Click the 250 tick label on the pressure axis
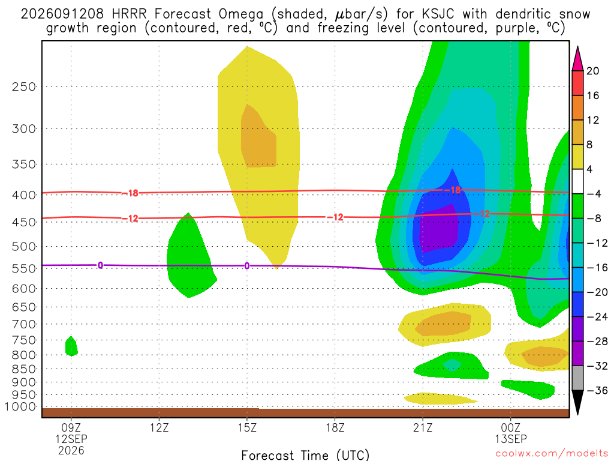click(x=24, y=86)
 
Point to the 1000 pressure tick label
click(x=21, y=406)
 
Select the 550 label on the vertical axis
click(x=24, y=268)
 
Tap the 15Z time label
click(x=247, y=427)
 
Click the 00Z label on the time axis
click(x=511, y=427)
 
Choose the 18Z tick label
click(x=335, y=427)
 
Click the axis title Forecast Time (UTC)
click(x=305, y=455)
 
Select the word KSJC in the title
click(x=438, y=14)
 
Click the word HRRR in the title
click(x=129, y=14)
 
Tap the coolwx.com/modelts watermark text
click(x=552, y=454)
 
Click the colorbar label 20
click(x=593, y=71)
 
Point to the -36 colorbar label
click(x=597, y=390)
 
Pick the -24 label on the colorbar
click(x=597, y=317)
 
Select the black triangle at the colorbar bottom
click(x=577, y=402)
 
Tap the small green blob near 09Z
click(x=71, y=346)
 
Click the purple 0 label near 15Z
click(x=246, y=266)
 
